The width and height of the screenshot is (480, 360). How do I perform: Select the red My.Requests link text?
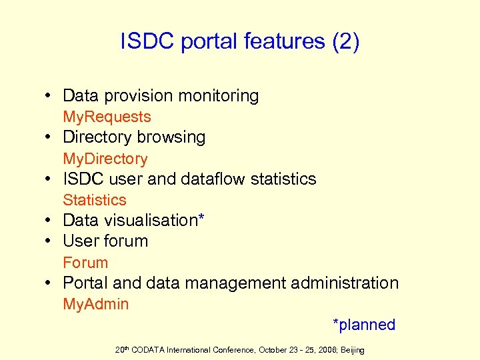click(107, 117)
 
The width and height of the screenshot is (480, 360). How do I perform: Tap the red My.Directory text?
click(105, 159)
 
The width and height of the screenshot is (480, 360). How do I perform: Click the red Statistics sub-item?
click(95, 200)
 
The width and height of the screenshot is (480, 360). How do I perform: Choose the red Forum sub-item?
click(85, 263)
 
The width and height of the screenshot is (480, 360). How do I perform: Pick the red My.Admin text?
click(96, 305)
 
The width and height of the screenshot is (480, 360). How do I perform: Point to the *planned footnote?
click(364, 325)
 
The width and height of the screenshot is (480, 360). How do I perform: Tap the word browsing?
click(171, 137)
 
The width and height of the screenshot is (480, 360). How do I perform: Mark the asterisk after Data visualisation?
click(201, 219)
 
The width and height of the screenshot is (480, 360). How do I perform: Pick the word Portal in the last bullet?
click(86, 283)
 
